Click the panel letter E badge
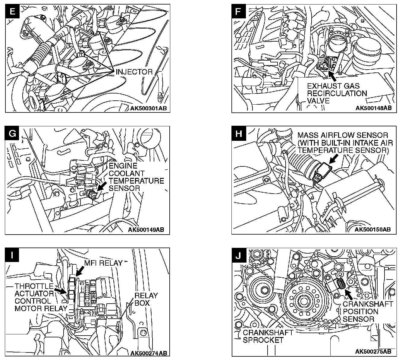(12, 11)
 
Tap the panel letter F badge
(238, 11)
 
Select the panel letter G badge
(12, 133)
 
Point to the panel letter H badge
(238, 133)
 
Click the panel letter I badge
(12, 255)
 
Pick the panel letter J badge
(239, 255)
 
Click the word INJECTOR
(134, 72)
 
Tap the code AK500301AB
(149, 108)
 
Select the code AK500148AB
(373, 108)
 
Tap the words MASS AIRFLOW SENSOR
(343, 135)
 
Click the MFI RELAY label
(103, 263)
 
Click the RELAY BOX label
(146, 299)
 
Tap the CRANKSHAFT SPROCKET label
(268, 336)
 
